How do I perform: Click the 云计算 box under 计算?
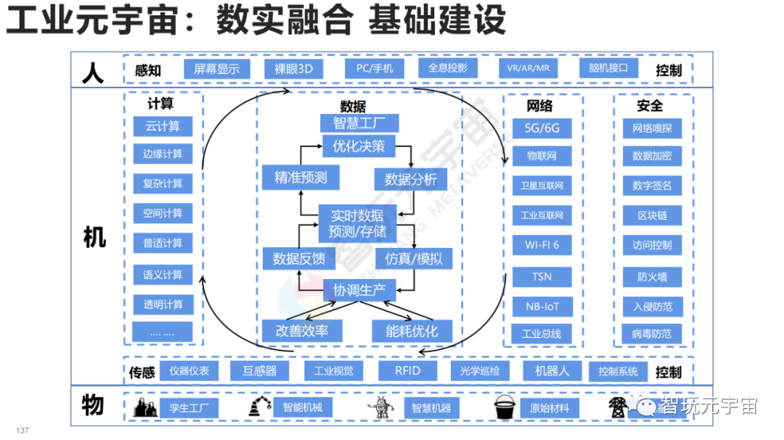click(163, 127)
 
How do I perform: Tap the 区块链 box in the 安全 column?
click(652, 215)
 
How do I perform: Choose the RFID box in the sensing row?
click(407, 371)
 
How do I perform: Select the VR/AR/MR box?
click(528, 70)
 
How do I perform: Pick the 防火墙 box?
click(652, 276)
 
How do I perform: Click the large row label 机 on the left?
click(94, 236)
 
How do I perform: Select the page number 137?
click(22, 431)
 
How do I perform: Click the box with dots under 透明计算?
click(163, 333)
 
